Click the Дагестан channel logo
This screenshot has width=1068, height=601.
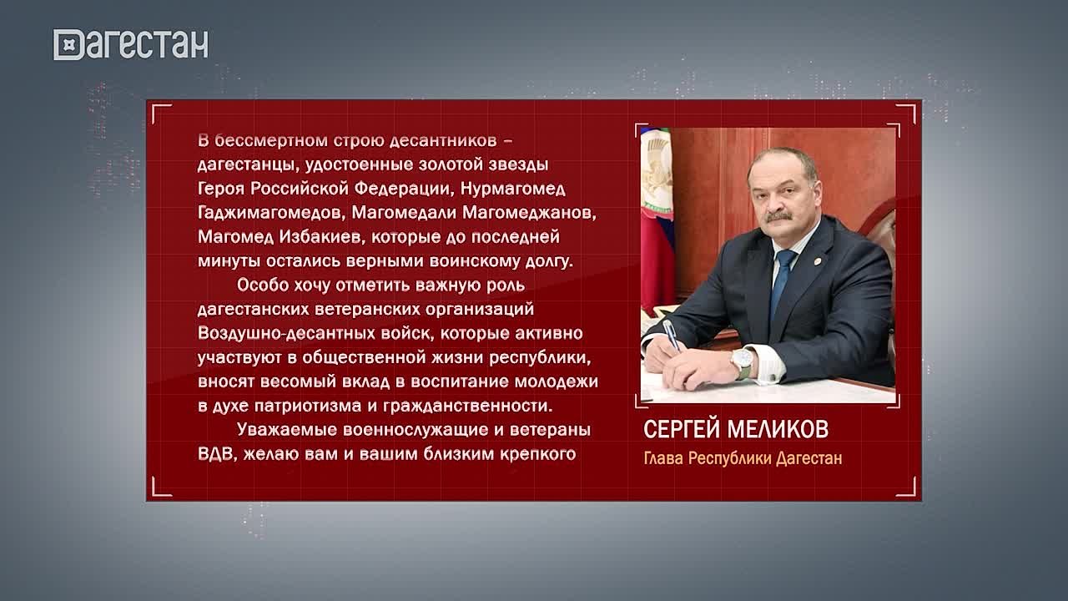pyautogui.click(x=131, y=44)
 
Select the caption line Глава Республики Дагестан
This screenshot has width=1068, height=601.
pyautogui.click(x=743, y=458)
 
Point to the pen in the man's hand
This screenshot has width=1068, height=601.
pyautogui.click(x=672, y=336)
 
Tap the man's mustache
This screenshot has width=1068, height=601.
pyautogui.click(x=779, y=216)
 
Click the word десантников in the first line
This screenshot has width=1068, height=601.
pyautogui.click(x=443, y=141)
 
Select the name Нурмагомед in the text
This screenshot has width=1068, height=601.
pyautogui.click(x=513, y=189)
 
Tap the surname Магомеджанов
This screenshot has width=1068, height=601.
pyautogui.click(x=529, y=213)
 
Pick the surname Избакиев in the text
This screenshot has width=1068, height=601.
pyautogui.click(x=321, y=237)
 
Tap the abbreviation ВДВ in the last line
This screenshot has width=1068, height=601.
pyautogui.click(x=217, y=453)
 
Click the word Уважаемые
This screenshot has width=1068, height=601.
pyautogui.click(x=287, y=430)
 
